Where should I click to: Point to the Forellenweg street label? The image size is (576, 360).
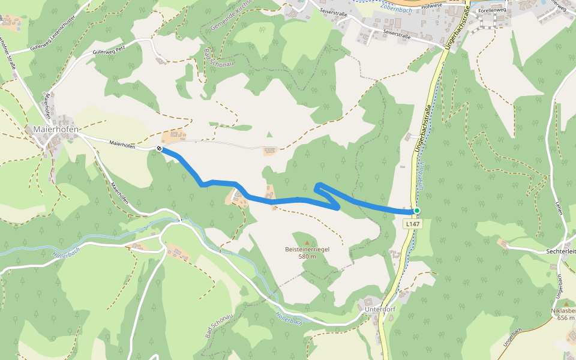(490, 10)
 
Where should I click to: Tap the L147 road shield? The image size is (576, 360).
(412, 224)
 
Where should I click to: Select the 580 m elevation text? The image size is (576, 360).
(307, 256)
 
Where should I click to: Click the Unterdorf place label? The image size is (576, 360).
(380, 310)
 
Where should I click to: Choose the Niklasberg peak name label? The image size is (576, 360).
(563, 311)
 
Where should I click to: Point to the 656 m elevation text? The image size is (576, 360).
(565, 318)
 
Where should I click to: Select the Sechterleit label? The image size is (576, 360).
(561, 251)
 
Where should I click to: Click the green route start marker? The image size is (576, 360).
(416, 211)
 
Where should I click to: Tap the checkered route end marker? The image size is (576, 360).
(159, 149)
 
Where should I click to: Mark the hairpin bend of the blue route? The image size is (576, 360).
(318, 185)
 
